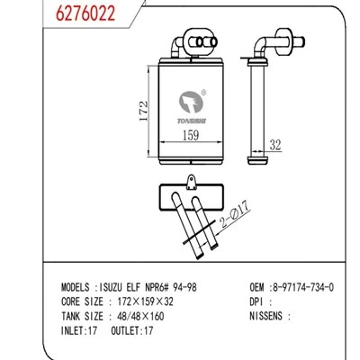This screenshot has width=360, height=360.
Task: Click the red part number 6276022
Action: tap(85, 13)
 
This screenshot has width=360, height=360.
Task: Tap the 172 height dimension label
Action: tap(144, 111)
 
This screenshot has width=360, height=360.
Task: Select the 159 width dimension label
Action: tap(191, 135)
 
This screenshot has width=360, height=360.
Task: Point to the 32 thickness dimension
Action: tap(275, 145)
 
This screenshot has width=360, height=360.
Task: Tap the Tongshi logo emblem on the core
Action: tap(191, 102)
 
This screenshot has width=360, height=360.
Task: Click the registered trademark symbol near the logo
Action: tap(203, 93)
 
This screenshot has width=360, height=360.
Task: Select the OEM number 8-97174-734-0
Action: tap(301, 287)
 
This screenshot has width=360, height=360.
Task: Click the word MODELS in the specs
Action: tap(76, 287)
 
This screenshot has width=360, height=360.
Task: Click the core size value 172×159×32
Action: tap(146, 301)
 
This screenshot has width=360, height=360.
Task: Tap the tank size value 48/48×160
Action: tap(140, 316)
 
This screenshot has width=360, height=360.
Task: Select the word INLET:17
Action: tap(79, 330)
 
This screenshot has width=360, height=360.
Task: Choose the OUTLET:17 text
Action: tap(132, 330)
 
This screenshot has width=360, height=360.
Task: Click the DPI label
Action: tap(257, 301)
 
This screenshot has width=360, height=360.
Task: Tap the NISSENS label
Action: tap(266, 316)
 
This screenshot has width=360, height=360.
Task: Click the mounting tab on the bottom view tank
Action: tap(191, 183)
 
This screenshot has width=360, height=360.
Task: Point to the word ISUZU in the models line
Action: tap(111, 287)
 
